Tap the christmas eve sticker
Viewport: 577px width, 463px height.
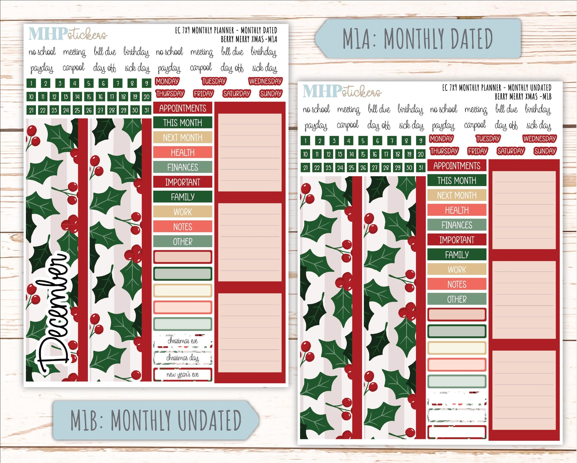point(183,341)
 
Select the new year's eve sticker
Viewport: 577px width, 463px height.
point(183,375)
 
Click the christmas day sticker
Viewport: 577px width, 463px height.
point(183,358)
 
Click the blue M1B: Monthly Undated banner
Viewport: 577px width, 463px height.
point(156,420)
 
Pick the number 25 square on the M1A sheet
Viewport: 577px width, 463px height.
point(77,110)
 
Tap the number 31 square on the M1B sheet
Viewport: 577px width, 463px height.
point(421,168)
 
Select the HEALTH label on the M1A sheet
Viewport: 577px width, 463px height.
point(183,152)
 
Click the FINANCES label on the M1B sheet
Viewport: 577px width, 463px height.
point(457,225)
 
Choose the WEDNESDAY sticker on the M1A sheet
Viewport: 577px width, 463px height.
point(265,81)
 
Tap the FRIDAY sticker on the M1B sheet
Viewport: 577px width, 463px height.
point(477,151)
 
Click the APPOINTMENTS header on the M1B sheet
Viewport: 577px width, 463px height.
point(457,166)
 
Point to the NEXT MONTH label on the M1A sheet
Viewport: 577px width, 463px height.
point(183,138)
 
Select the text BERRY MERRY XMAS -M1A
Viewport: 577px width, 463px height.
point(249,39)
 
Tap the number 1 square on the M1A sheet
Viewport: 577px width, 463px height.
point(31,83)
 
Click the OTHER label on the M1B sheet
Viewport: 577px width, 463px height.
point(457,299)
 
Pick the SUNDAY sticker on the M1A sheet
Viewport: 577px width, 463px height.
point(271,94)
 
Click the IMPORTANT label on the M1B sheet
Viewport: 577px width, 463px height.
point(457,240)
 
